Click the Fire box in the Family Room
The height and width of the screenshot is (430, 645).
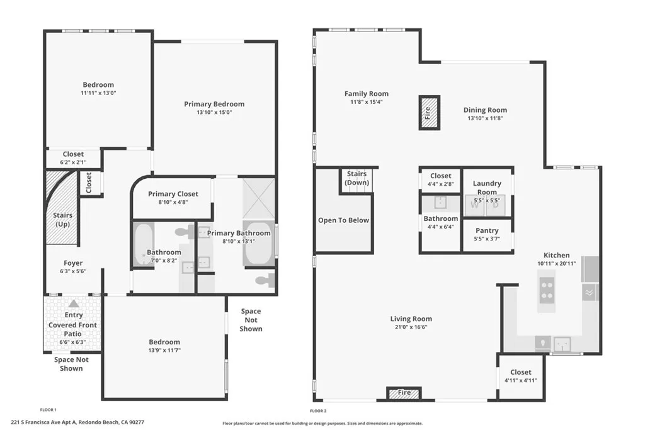click(429, 113)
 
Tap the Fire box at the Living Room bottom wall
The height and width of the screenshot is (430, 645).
click(403, 393)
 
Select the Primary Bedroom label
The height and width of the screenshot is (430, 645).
click(214, 105)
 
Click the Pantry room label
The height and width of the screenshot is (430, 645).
click(487, 230)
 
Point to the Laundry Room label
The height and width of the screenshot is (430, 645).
click(487, 188)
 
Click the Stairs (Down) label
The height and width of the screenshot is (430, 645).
click(357, 178)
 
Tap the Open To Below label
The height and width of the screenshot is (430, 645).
click(343, 220)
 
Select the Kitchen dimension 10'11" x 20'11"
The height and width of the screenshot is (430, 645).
click(556, 264)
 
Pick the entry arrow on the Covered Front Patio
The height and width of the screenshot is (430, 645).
click(74, 303)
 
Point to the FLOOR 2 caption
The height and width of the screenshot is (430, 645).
click(320, 409)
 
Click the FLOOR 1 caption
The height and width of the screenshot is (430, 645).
click(49, 409)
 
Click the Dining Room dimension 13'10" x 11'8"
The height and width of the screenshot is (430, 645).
click(487, 118)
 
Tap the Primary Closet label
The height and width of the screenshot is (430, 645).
click(173, 194)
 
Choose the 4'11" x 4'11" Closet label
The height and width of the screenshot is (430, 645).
click(521, 372)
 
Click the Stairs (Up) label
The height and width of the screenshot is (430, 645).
click(62, 219)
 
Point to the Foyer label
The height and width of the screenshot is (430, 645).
click(73, 263)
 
